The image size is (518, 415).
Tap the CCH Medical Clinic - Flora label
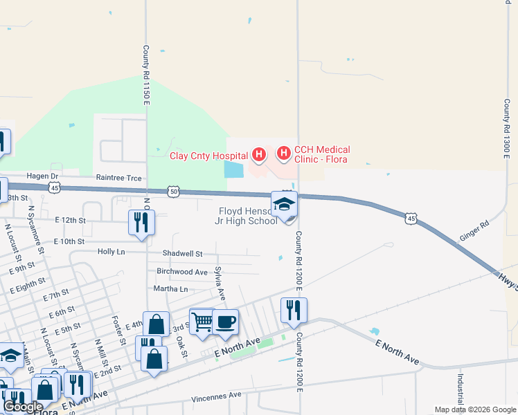[x=322, y=154]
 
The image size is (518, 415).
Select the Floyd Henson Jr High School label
[x=248, y=216]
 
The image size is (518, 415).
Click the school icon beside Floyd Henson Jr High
[x=284, y=205]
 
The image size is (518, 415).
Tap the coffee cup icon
[x=225, y=322]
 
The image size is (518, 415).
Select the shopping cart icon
[x=202, y=321]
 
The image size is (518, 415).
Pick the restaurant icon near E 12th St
[x=141, y=223]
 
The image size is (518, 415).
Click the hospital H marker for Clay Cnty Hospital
[x=258, y=154]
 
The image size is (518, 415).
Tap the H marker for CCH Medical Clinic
[x=283, y=153]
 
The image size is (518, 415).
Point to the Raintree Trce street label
[x=118, y=178]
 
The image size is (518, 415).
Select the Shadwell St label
[x=182, y=255]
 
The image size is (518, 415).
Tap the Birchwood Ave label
[x=182, y=272]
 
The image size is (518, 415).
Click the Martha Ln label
[x=170, y=288]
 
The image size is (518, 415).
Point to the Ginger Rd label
[x=474, y=232]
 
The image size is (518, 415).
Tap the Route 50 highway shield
[x=173, y=191]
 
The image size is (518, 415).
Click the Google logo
[x=23, y=407]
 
